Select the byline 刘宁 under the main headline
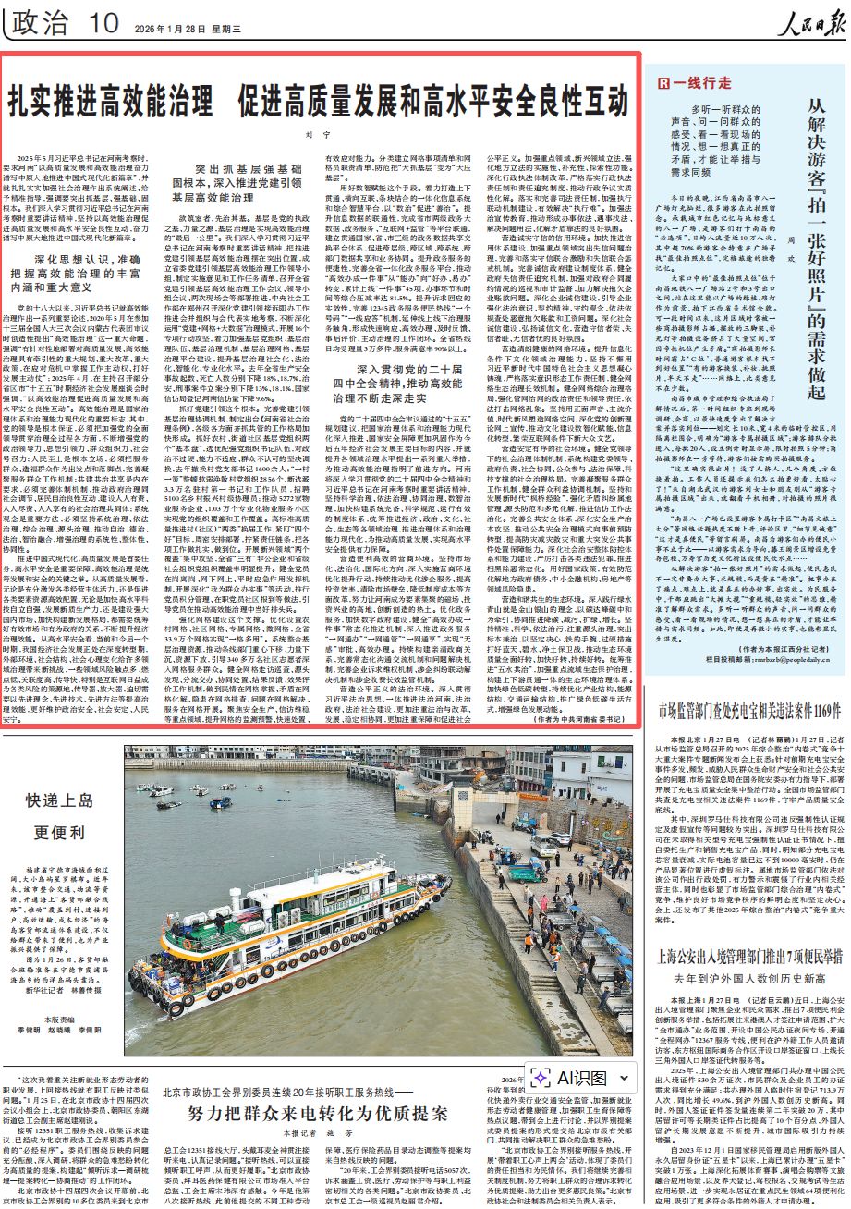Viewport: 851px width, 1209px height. coord(318,135)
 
